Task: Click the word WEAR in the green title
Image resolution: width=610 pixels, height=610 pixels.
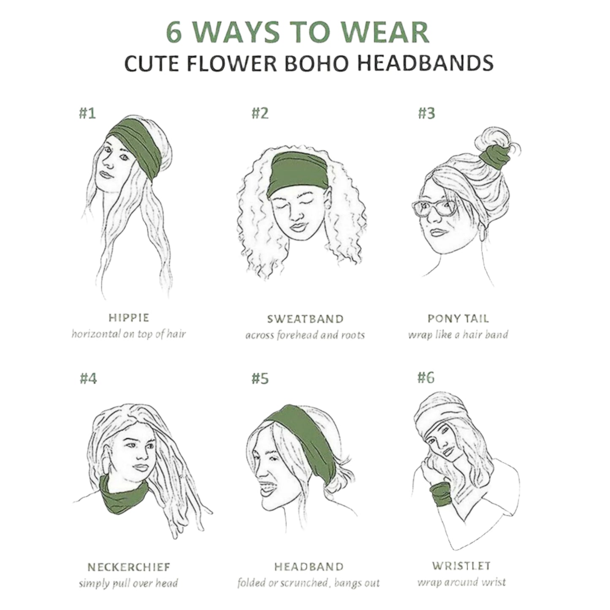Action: [377, 32]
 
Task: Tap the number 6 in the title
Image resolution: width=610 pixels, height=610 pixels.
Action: [174, 32]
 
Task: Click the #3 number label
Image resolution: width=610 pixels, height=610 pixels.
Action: [426, 113]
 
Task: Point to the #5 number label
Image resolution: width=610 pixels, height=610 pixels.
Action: [260, 378]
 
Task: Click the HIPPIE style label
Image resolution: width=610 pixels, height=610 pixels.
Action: [128, 317]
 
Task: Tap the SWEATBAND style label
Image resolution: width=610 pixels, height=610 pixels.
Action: [305, 319]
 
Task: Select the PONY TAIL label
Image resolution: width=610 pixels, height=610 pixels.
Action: [458, 318]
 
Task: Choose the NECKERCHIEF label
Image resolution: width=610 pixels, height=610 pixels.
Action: [129, 567]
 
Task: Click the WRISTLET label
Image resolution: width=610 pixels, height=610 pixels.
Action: [461, 566]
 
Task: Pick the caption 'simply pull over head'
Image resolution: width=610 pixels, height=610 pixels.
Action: [128, 583]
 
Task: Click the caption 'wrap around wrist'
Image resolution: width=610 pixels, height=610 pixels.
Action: [461, 582]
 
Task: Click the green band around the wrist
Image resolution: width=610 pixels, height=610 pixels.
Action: [440, 494]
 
